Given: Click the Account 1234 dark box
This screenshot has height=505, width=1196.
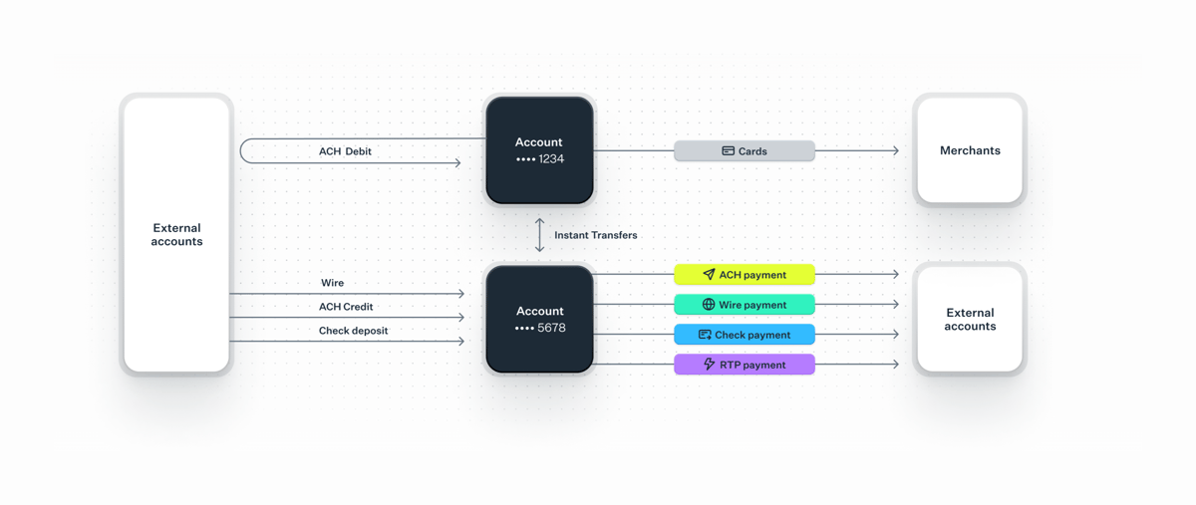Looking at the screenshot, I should (539, 150).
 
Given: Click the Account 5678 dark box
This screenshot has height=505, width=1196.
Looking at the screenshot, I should (539, 319).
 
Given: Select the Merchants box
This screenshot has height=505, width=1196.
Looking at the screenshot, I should (970, 150).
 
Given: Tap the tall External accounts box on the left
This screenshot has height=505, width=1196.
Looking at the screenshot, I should (176, 235).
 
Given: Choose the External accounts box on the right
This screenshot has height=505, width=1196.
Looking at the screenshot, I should (970, 319).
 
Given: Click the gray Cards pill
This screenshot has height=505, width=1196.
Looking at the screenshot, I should (745, 151).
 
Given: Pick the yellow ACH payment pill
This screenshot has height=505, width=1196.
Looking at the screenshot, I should (745, 275).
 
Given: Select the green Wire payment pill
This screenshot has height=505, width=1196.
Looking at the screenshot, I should (745, 305).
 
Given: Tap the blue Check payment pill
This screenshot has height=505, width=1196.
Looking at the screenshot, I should (745, 335).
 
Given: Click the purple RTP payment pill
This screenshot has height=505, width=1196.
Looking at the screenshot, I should (745, 365).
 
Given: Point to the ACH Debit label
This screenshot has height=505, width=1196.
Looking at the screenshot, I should (345, 151).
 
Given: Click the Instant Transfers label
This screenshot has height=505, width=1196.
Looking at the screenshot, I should (595, 235).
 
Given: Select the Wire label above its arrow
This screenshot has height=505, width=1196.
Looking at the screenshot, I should (332, 283).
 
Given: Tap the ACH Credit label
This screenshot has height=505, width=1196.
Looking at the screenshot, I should (346, 307).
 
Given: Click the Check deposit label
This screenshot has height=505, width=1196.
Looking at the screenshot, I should (354, 331).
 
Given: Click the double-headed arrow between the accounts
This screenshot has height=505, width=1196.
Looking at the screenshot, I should (539, 235).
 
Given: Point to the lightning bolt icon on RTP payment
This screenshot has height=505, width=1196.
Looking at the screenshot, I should (709, 365).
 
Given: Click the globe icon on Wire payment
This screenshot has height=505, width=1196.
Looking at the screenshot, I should (709, 305).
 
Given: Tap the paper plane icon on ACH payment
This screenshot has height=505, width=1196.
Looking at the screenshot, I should (709, 275).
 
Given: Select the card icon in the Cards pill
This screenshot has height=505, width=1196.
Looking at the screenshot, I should (728, 151).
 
